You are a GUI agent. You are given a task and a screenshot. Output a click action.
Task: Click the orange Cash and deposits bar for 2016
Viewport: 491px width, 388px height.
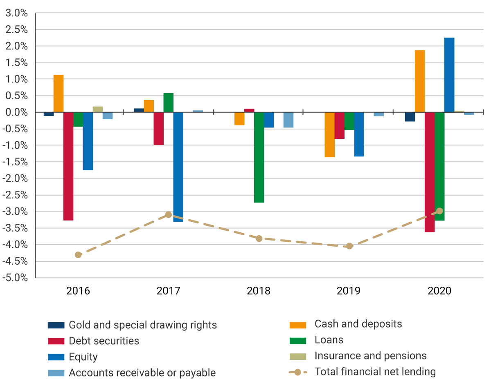(x=59, y=94)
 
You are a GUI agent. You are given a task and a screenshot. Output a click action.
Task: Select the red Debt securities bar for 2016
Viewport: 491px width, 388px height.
(x=68, y=166)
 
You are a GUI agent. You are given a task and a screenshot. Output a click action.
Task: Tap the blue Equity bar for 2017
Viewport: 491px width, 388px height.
(x=178, y=167)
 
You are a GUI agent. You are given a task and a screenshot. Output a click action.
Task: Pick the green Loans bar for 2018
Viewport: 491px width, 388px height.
(x=259, y=157)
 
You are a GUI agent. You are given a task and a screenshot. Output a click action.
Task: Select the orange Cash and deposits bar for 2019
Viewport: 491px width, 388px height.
(x=330, y=135)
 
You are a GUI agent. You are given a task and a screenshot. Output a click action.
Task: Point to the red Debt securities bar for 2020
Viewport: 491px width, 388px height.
(x=430, y=172)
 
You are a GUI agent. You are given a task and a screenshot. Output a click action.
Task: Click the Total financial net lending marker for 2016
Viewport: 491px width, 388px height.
(x=78, y=255)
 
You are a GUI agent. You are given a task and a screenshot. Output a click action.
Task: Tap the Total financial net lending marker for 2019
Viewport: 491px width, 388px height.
(x=349, y=246)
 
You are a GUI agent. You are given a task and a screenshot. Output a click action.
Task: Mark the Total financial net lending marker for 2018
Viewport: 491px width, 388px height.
(x=259, y=239)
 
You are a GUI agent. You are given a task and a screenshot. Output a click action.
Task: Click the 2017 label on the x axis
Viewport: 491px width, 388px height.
(x=168, y=291)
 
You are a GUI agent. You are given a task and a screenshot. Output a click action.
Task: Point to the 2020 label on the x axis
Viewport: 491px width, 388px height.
(x=439, y=291)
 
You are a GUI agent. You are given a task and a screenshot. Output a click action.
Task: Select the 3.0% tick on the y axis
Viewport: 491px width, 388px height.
(x=16, y=13)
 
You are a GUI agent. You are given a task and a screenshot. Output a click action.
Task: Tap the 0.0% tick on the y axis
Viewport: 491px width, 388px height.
(x=16, y=112)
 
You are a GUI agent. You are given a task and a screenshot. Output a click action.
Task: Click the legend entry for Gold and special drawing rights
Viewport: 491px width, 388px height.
(x=142, y=325)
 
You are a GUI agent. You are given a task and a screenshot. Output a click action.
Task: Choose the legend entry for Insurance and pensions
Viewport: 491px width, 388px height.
(x=370, y=356)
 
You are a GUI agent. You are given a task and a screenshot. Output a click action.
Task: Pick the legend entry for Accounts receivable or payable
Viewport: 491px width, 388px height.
(x=142, y=372)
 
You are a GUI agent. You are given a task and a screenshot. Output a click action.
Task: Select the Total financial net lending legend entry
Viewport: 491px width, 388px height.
(x=375, y=372)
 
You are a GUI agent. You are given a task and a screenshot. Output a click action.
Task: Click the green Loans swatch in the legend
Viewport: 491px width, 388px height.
(x=297, y=341)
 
